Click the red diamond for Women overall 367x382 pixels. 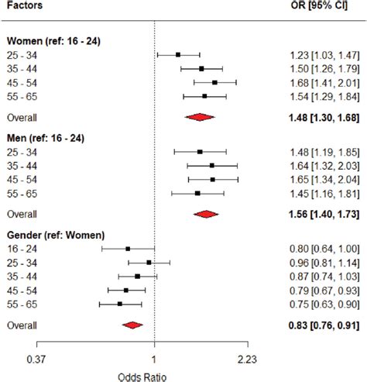(x=200, y=117)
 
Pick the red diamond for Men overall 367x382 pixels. (x=206, y=214)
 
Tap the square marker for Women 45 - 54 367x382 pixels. (x=214, y=82)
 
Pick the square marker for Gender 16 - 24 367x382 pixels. (x=128, y=249)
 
